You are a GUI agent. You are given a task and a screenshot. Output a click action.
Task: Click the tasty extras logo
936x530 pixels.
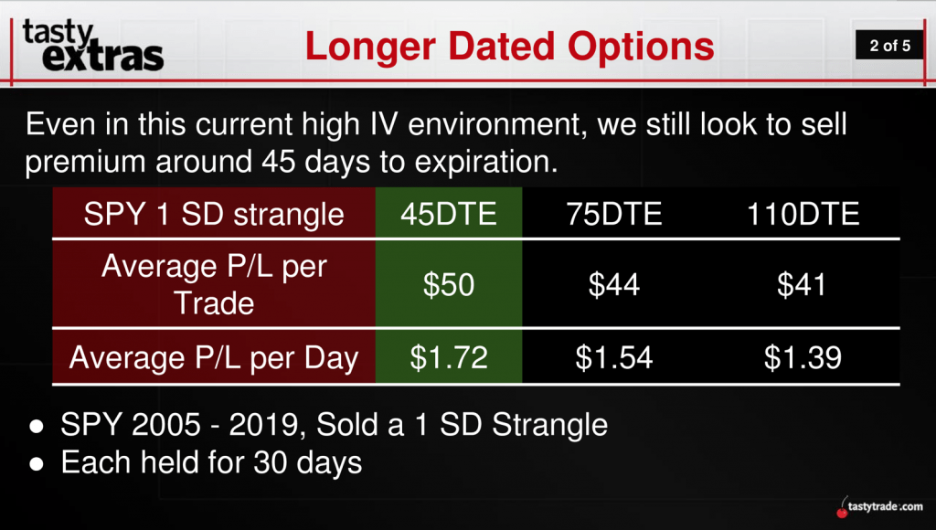tap(93, 46)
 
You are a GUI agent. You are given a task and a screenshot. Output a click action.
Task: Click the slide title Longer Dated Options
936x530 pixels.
tap(509, 47)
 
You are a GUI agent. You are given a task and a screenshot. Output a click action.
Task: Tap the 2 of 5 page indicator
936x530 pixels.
tap(889, 46)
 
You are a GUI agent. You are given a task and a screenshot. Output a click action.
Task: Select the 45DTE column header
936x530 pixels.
tap(449, 214)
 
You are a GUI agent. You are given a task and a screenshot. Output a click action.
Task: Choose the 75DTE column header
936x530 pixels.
tap(614, 214)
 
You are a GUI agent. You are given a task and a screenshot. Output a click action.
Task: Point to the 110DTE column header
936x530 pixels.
tap(803, 214)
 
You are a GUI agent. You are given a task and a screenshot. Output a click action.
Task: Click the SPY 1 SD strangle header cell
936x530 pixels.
tap(214, 214)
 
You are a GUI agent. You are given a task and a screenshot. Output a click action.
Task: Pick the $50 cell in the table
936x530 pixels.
tap(449, 284)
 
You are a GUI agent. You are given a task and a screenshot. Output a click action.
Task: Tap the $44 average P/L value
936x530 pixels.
tap(614, 284)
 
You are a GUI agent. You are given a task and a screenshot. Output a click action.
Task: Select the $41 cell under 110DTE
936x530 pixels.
tap(802, 284)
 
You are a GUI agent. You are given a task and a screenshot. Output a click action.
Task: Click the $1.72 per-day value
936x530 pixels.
tap(449, 357)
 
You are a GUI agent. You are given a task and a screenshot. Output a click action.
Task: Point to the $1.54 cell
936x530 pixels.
tap(614, 357)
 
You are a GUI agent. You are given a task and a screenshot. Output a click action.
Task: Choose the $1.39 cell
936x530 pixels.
tap(803, 357)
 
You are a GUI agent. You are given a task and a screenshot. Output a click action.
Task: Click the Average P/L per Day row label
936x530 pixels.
tap(214, 358)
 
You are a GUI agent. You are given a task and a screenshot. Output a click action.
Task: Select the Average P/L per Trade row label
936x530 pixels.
tap(214, 284)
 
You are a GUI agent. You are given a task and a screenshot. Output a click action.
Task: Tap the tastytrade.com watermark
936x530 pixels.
tap(879, 507)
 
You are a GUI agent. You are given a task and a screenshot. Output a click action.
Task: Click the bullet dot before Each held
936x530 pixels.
tap(37, 464)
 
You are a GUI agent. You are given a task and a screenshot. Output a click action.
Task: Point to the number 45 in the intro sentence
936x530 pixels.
tap(279, 162)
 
